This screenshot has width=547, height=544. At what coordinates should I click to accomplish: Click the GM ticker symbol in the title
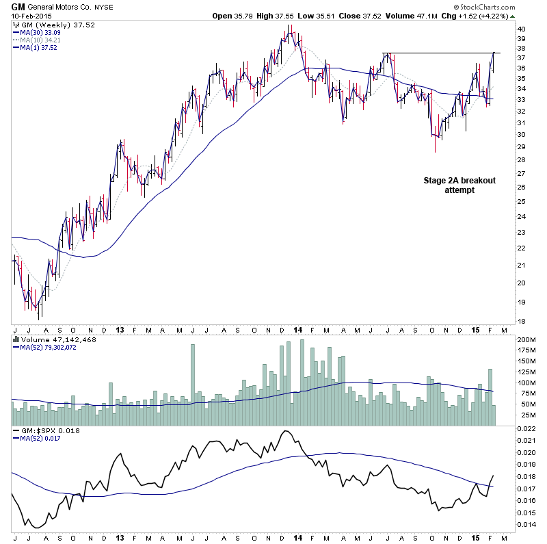pos(18,6)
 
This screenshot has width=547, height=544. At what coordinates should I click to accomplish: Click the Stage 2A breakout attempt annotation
pos(459,185)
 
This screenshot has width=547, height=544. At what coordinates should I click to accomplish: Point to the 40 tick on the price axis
pos(521,29)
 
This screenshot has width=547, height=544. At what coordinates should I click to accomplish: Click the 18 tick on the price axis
pos(521,321)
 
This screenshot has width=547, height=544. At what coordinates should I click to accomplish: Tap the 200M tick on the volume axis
pos(525,339)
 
